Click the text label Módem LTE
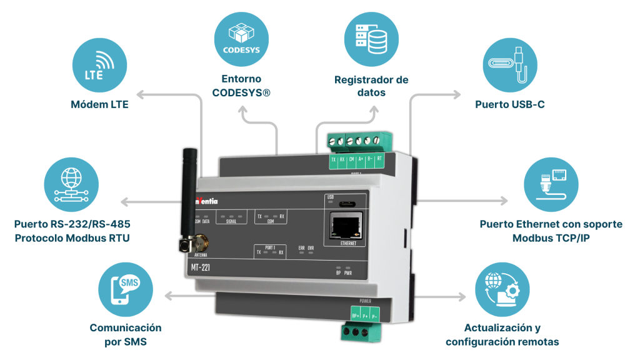tap(99, 104)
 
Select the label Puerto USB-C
tap(509, 104)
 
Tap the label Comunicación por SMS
tap(126, 334)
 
